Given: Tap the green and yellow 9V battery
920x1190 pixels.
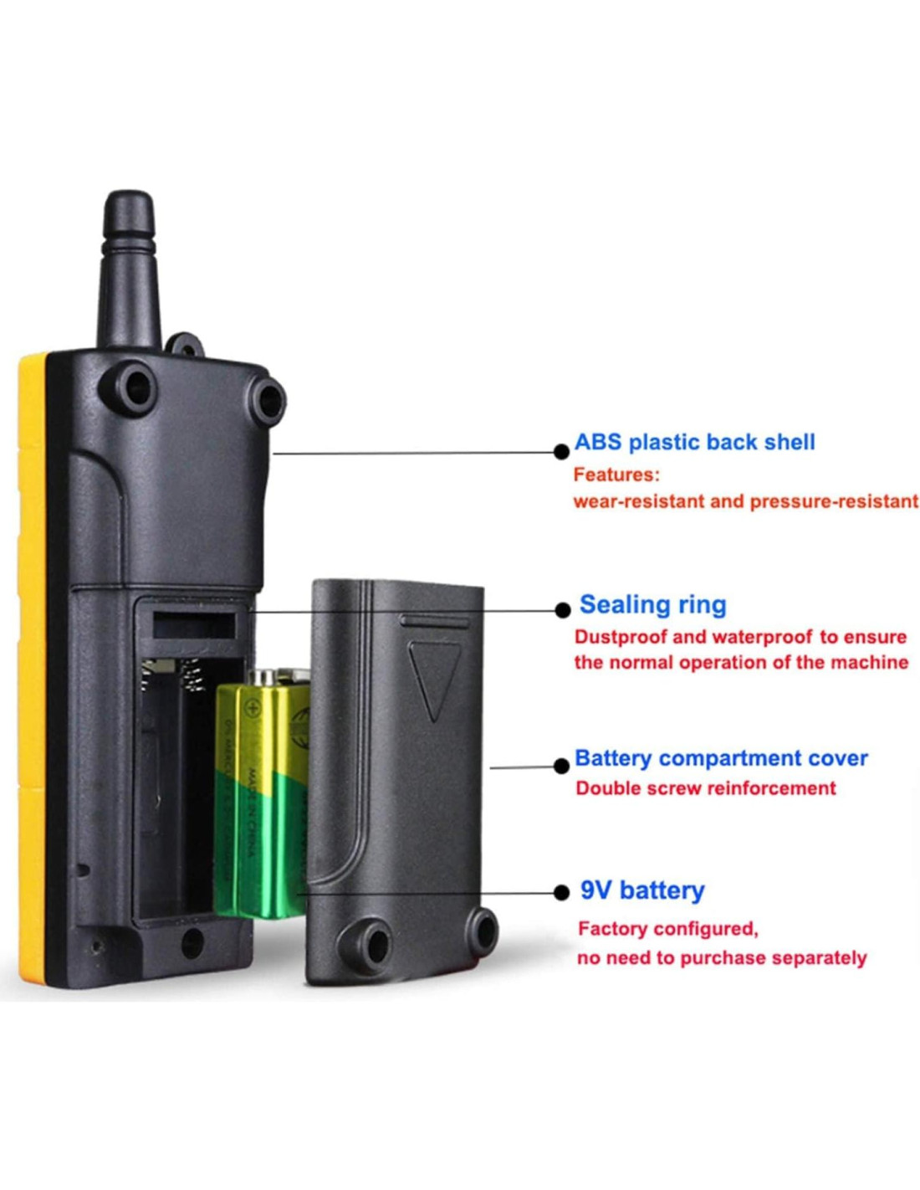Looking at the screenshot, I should point(259,795).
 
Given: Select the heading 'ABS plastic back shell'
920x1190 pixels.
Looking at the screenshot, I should point(694,442).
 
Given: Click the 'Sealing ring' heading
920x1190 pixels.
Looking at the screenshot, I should point(652,604).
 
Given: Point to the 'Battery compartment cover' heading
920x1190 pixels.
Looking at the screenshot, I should point(721,758).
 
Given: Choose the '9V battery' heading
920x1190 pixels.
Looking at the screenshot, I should point(642,890).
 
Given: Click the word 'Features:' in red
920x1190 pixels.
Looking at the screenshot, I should point(616,474).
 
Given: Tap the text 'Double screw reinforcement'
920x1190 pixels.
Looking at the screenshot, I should point(706,788).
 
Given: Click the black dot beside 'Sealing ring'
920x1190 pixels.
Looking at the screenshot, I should point(563,610).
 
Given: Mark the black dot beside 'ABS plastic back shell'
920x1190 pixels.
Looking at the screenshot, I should point(562,452).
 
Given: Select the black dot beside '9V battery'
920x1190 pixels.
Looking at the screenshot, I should point(562,893).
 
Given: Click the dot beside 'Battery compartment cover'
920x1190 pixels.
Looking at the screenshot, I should point(562,766).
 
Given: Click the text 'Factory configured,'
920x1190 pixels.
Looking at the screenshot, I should point(667,929).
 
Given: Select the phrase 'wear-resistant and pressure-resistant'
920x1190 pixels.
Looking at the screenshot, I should point(745,501).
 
